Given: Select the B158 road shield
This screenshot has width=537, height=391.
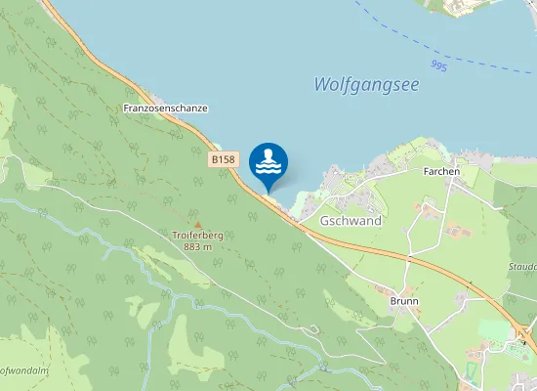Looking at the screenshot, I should [x=224, y=157].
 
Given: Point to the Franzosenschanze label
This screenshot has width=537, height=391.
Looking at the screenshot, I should [x=166, y=108].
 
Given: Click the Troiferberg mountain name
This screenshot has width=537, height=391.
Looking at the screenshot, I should [x=198, y=236].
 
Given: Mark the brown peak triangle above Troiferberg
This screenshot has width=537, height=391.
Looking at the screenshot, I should [x=197, y=225].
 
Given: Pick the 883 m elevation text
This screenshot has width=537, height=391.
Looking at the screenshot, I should [x=198, y=247].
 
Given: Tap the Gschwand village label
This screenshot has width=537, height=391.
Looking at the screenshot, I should [x=351, y=221].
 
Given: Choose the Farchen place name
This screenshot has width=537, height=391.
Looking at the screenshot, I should [x=441, y=171].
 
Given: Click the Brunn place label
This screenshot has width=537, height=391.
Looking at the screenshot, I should [x=404, y=301].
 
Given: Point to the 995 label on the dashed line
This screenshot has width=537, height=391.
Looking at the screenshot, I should [x=438, y=65].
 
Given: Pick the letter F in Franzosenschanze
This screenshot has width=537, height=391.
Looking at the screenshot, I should [x=127, y=108].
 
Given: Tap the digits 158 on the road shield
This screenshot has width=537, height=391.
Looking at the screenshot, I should [x=227, y=157].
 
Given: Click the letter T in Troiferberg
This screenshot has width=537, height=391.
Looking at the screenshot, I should [x=175, y=236].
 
